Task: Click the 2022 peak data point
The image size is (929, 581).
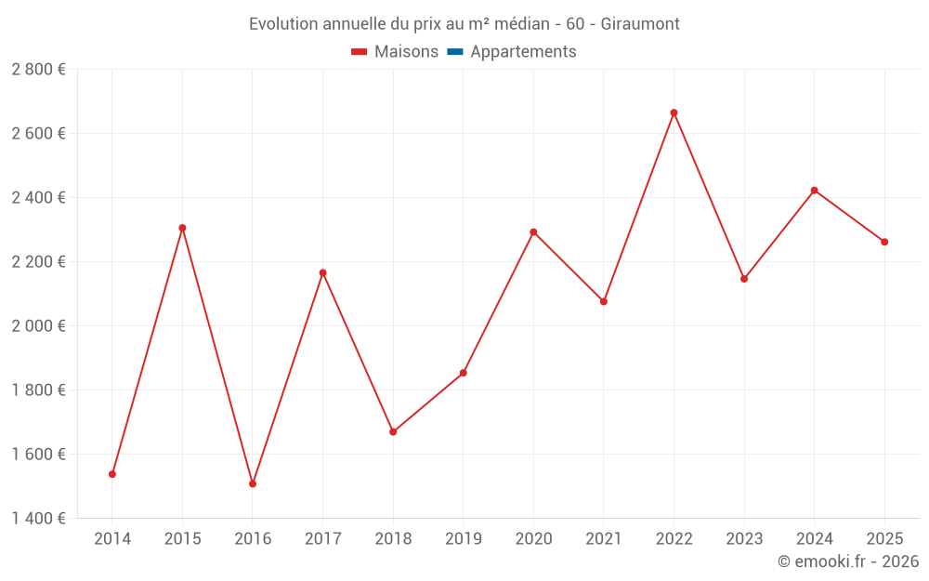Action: coord(674,112)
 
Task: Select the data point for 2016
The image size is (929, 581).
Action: coord(253,483)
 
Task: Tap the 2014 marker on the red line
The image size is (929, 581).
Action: coord(112,474)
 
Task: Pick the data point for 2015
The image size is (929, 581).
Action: coord(182,228)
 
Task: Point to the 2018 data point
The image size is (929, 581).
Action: coord(393,431)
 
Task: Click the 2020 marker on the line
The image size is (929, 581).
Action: coord(533,231)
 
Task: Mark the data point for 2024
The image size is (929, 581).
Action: coord(814,191)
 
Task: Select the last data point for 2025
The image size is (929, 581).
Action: coord(884,242)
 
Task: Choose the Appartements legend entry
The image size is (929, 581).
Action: coord(523,52)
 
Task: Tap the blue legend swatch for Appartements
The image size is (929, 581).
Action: coord(454,52)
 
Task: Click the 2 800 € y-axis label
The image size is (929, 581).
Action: coord(39,70)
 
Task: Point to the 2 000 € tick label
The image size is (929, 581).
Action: coord(39,326)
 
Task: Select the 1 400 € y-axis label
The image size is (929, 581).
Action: coord(39,519)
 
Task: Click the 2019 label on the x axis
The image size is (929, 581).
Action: coord(464,538)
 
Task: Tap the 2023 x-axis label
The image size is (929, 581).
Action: coord(744,538)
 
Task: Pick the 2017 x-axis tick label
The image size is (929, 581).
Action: coord(322,538)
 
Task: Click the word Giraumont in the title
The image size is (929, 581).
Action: coord(640,23)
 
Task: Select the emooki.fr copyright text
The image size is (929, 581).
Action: coord(848,561)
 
